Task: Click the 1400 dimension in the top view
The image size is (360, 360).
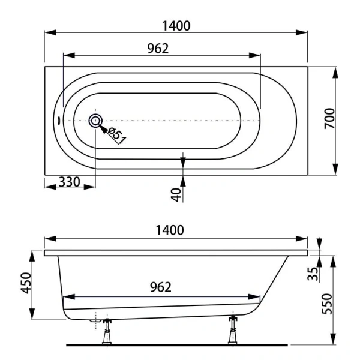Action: click(176, 25)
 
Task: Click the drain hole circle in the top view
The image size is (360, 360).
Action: click(95, 121)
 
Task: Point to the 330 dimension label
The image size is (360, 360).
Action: click(70, 182)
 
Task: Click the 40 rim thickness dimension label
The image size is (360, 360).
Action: click(176, 194)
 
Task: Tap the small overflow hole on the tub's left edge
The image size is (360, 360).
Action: click(58, 119)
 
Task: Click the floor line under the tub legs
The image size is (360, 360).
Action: click(180, 346)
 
